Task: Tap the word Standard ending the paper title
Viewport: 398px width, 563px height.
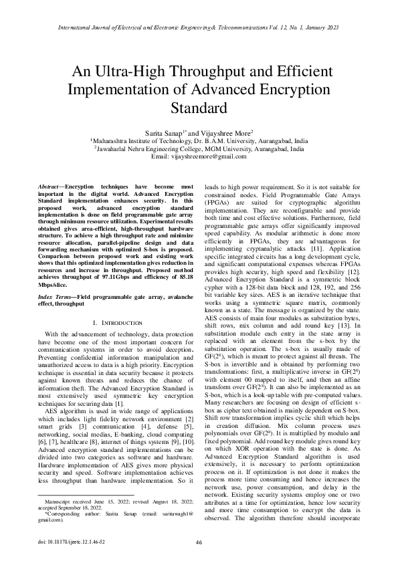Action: tap(199, 108)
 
